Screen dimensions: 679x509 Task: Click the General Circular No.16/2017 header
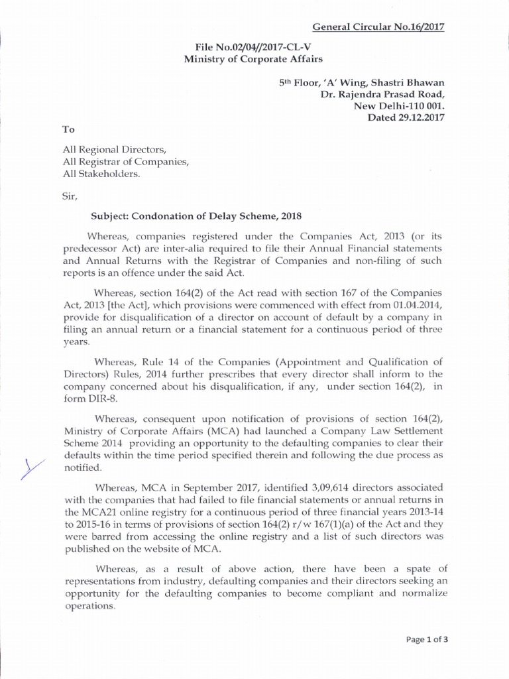378,27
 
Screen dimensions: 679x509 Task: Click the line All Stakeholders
101,174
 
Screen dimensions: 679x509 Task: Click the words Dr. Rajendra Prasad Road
382,93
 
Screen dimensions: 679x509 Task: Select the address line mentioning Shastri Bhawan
361,82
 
